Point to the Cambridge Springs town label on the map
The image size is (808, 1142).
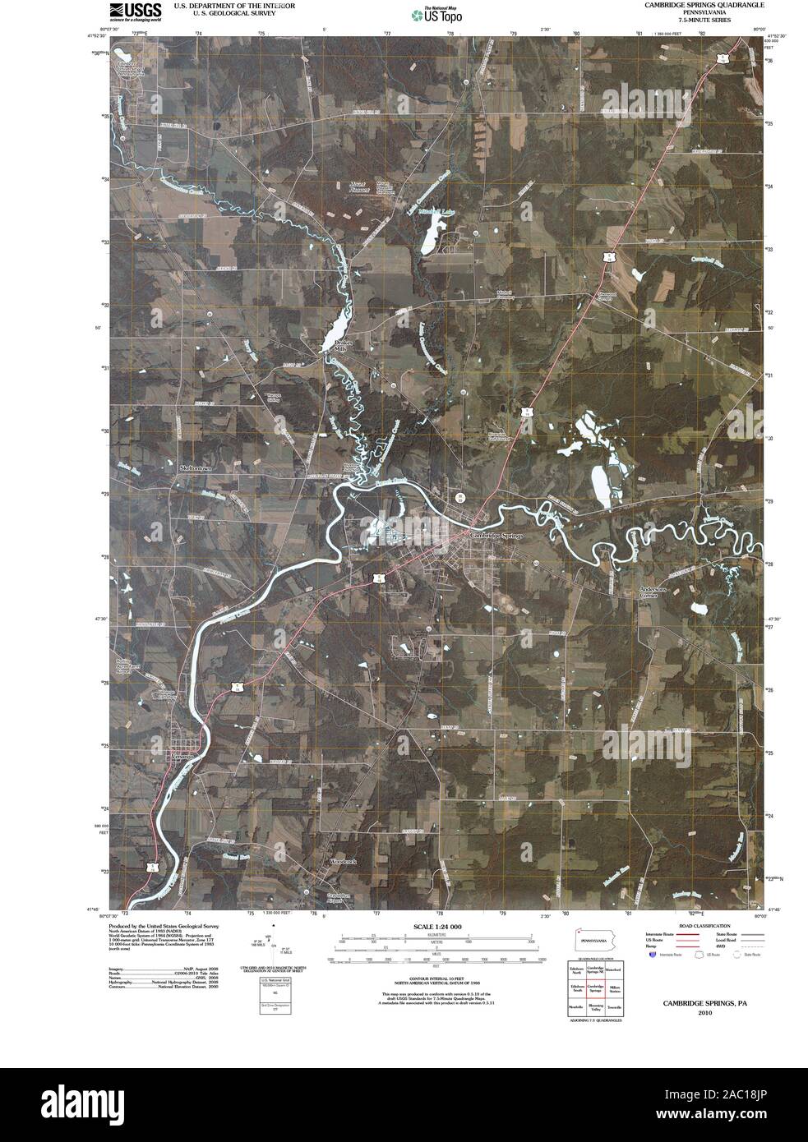[x=496, y=533]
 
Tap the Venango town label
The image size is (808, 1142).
[x=183, y=753]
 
